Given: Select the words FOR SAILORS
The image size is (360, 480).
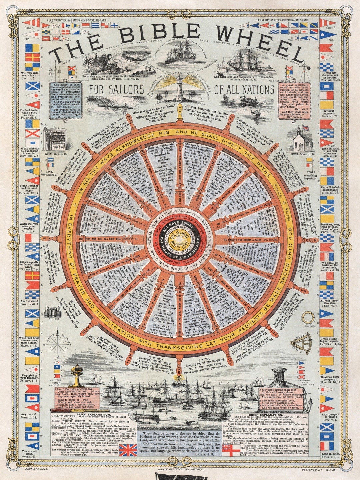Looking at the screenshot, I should [x=116, y=90].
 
